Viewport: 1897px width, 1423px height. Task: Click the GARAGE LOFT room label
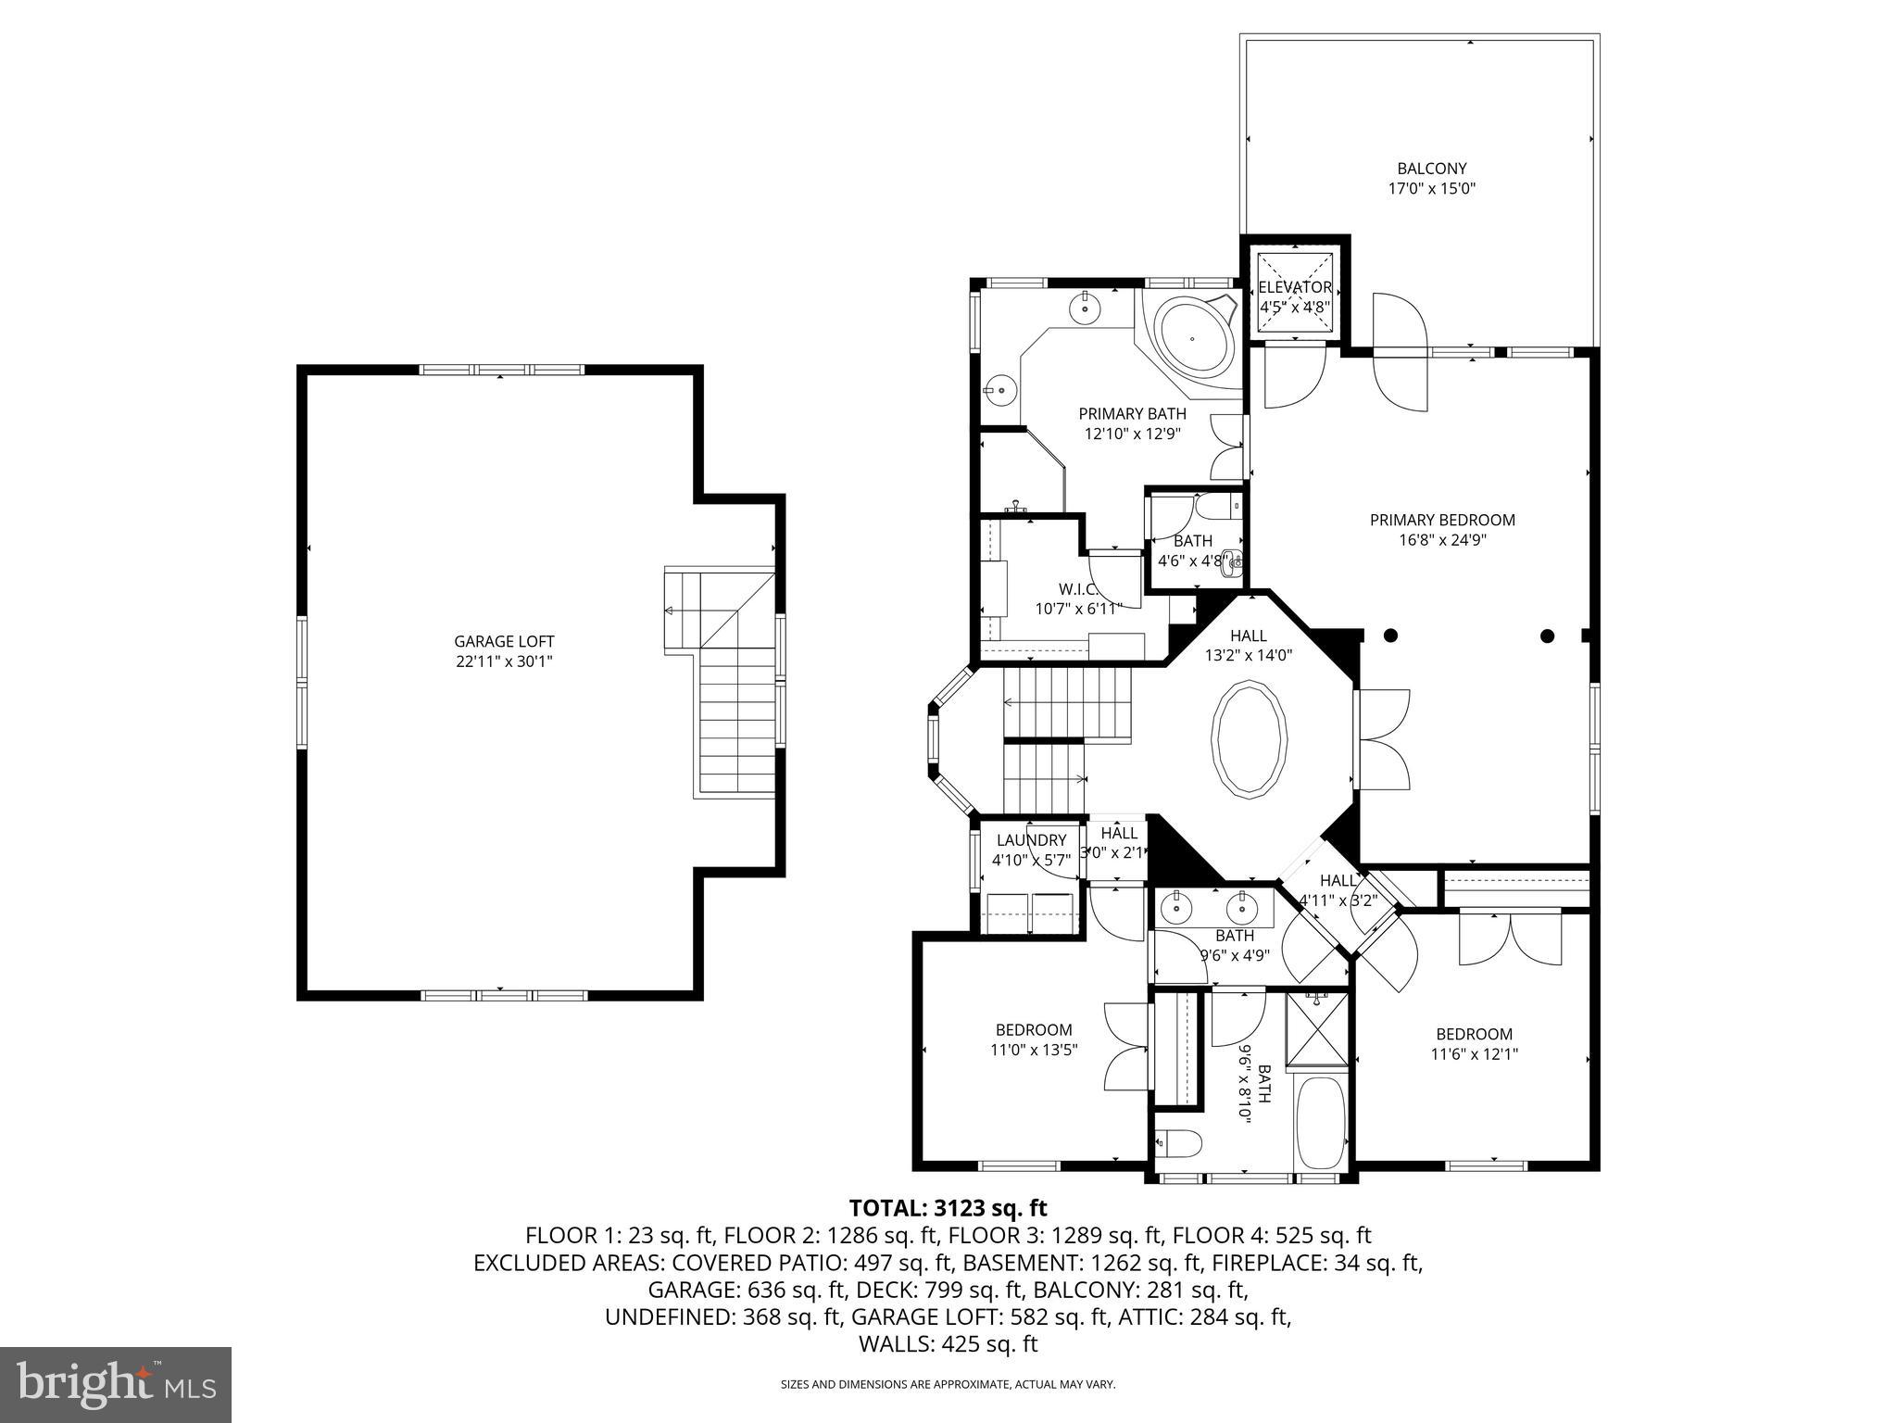[x=504, y=641]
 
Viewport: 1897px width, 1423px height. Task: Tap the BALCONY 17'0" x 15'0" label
[x=1431, y=178]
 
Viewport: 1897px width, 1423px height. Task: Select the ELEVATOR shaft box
[x=1295, y=295]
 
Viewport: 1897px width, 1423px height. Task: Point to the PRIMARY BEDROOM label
[x=1442, y=520]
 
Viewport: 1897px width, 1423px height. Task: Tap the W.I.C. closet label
[x=1078, y=589]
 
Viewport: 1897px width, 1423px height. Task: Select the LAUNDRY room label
[x=1031, y=840]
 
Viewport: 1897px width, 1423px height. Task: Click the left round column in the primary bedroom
[x=1390, y=636]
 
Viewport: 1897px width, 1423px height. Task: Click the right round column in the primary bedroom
[x=1547, y=636]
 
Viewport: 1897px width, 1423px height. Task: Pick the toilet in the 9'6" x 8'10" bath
[x=1179, y=1144]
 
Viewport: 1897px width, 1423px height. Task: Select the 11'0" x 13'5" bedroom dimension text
[x=1034, y=1050]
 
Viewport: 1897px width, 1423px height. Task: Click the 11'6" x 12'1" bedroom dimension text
[x=1474, y=1053]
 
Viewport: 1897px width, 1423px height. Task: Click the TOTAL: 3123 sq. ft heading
[x=948, y=1208]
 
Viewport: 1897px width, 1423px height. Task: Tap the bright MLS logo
[x=116, y=1384]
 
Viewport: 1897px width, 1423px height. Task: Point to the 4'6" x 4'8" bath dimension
[x=1192, y=560]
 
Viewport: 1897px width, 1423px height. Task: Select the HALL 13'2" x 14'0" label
[x=1248, y=645]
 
